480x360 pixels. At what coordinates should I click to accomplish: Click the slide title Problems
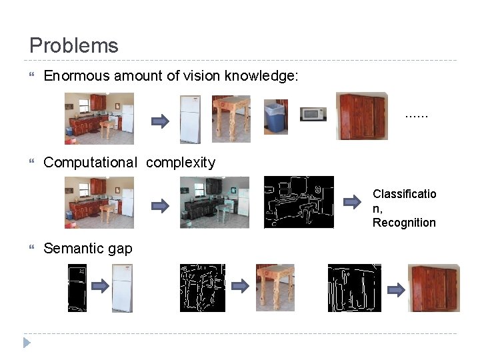(74, 46)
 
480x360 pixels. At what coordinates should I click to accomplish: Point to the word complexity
(181, 163)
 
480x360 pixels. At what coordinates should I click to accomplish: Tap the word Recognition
(404, 223)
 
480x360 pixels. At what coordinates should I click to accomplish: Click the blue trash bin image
(275, 117)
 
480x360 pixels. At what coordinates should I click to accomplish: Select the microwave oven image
(313, 114)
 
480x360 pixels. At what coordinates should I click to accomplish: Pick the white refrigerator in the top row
(190, 119)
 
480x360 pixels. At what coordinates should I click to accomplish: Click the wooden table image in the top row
(231, 117)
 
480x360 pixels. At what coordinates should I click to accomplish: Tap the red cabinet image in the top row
(361, 116)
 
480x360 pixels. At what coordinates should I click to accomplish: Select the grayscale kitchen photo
(214, 202)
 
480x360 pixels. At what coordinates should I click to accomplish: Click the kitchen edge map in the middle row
(299, 202)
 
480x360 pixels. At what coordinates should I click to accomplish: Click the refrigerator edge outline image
(77, 288)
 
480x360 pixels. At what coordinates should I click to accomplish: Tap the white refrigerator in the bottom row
(122, 288)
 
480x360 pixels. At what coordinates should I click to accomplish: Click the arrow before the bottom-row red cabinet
(396, 289)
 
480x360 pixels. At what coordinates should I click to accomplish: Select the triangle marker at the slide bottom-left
(26, 343)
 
